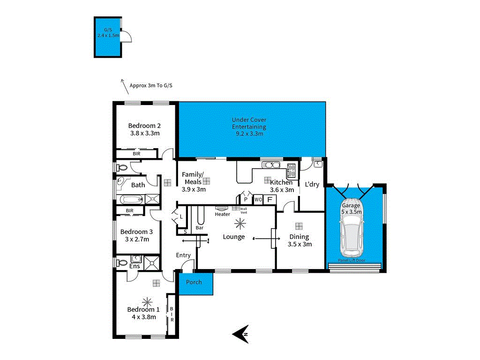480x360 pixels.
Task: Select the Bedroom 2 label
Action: tap(145, 126)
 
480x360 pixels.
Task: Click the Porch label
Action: tap(194, 282)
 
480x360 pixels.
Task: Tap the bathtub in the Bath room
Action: tap(130, 200)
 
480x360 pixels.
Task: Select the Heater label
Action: tap(222, 214)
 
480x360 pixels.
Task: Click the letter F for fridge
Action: tap(269, 200)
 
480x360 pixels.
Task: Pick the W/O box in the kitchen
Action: tap(258, 200)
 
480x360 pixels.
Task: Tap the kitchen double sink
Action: tap(270, 165)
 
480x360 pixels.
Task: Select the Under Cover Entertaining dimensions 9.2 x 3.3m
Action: tap(249, 134)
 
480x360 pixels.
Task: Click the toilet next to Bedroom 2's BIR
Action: tap(123, 167)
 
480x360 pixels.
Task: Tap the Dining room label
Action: tap(299, 237)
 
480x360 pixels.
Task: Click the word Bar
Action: tap(200, 228)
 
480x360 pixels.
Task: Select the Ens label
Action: tap(135, 266)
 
